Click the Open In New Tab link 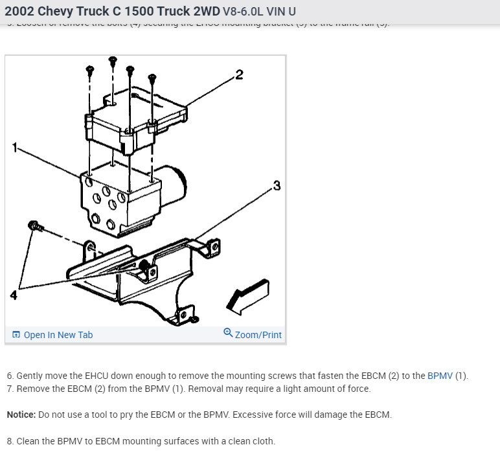[x=58, y=335]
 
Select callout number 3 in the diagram [x=277, y=187]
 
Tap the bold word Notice [x=21, y=415]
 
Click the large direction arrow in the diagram [x=247, y=295]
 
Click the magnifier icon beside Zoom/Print [x=227, y=333]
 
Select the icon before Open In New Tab [x=16, y=335]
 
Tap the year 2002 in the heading [x=19, y=12]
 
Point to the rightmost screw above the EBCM [x=153, y=79]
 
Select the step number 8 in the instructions [x=10, y=441]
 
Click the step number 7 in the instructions [x=10, y=389]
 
